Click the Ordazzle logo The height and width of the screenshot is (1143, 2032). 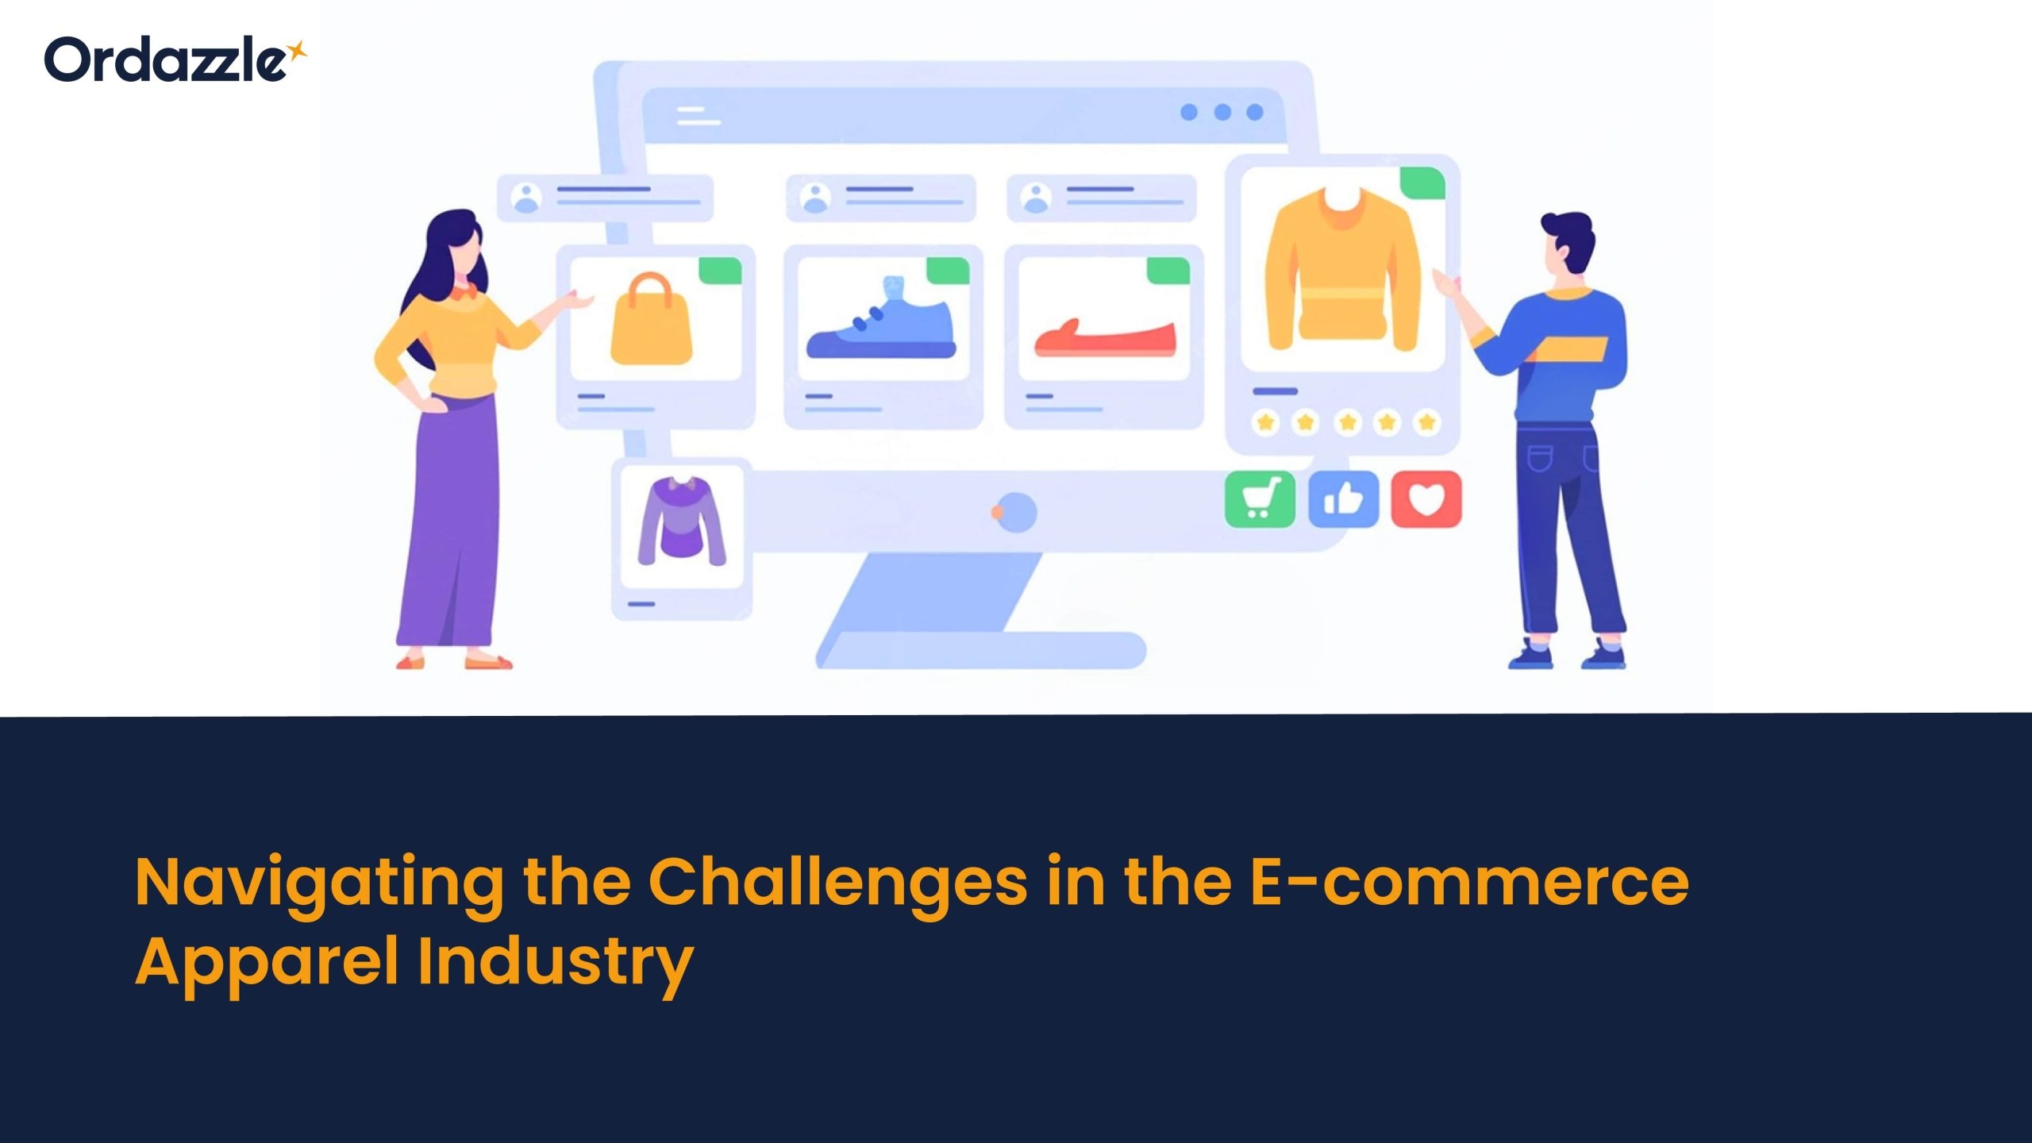(175, 60)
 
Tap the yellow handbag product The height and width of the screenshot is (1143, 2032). (651, 319)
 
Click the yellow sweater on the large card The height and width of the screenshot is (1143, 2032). (1342, 270)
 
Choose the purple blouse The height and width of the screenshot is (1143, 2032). (682, 521)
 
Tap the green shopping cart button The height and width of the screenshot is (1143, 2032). (1260, 499)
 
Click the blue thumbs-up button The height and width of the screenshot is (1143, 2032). (1343, 499)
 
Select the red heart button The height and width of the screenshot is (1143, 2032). (1426, 499)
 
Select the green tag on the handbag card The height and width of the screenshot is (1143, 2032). (720, 271)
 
